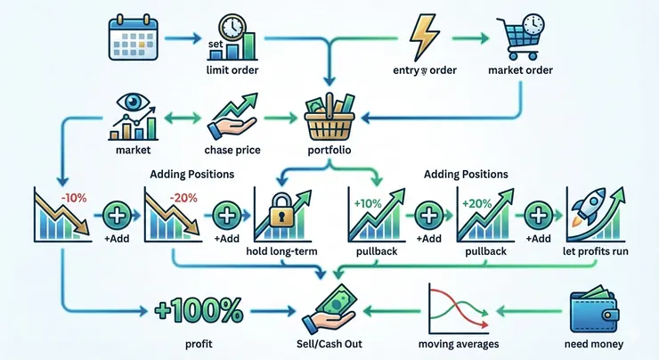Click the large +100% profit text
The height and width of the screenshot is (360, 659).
[x=199, y=309]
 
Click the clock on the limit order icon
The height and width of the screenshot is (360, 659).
[x=234, y=27]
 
